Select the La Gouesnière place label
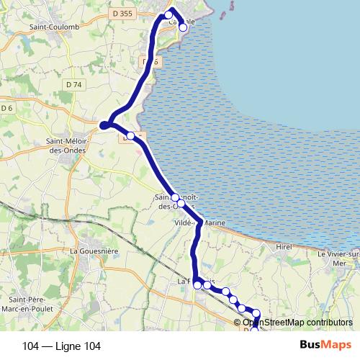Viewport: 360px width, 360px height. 94,251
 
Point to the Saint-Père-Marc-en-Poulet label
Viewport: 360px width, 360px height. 30,304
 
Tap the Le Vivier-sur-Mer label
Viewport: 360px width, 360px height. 338,258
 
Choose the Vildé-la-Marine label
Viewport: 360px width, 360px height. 200,223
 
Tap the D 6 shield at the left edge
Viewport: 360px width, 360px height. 7,108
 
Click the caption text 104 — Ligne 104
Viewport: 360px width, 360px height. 62,346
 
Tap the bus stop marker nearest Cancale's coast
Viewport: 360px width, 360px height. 183,28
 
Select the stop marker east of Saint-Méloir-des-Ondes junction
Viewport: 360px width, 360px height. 130,135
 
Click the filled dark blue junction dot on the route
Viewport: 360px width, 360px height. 104,126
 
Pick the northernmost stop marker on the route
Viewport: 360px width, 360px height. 169,14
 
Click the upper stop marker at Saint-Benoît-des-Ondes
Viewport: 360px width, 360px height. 175,197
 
